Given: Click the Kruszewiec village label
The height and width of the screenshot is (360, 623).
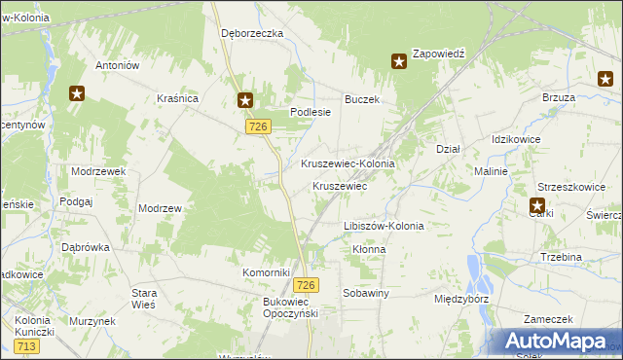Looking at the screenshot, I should (x=339, y=185).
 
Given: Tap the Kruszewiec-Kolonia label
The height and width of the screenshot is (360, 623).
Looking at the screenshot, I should (x=348, y=163).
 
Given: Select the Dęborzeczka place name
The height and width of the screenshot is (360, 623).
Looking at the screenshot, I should (x=251, y=33).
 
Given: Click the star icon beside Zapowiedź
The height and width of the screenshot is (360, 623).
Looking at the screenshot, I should (x=399, y=62).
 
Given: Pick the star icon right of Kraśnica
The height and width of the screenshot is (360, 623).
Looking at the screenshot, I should (x=245, y=99).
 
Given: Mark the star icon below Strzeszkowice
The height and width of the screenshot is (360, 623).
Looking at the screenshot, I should (x=537, y=205).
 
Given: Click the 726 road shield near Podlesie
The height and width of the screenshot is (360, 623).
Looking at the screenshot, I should (x=258, y=127).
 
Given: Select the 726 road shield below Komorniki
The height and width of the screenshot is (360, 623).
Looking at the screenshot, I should (x=306, y=284).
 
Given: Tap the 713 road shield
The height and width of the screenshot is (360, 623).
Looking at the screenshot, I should (x=27, y=346).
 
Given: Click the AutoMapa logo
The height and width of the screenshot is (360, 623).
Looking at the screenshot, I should (x=550, y=341).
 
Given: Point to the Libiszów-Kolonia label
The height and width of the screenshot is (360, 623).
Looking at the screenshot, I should (x=384, y=226).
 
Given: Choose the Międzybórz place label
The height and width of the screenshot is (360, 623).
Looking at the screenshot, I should (x=462, y=299).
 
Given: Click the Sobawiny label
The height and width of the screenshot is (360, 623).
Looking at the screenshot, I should (x=366, y=292).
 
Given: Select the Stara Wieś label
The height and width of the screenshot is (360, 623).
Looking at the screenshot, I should (x=144, y=298).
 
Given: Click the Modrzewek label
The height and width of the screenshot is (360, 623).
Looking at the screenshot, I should (x=99, y=170).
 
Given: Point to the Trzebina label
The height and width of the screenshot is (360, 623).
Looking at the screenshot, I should (x=561, y=257).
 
